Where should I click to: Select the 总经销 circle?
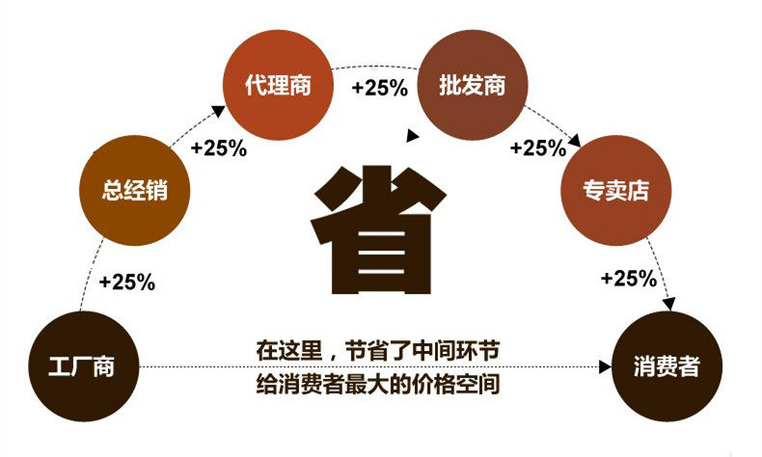pyautogui.click(x=135, y=190)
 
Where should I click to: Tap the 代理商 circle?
pyautogui.click(x=278, y=86)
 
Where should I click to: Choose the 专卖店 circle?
pyautogui.click(x=614, y=190)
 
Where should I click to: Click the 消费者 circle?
pyautogui.click(x=667, y=367)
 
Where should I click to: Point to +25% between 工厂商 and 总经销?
pyautogui.click(x=127, y=282)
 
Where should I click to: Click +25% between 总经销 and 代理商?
pyautogui.click(x=219, y=149)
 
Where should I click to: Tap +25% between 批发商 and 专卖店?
pyautogui.click(x=537, y=148)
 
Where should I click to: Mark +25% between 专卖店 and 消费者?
pyautogui.click(x=628, y=279)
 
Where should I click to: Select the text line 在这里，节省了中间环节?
pyautogui.click(x=377, y=349)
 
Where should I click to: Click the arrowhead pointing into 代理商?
pyautogui.click(x=219, y=112)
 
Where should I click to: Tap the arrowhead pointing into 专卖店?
pyautogui.click(x=575, y=141)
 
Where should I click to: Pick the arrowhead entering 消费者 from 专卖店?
pyautogui.click(x=668, y=305)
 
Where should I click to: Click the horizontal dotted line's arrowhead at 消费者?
pyautogui.click(x=606, y=367)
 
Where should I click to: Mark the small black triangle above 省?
pyautogui.click(x=413, y=136)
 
